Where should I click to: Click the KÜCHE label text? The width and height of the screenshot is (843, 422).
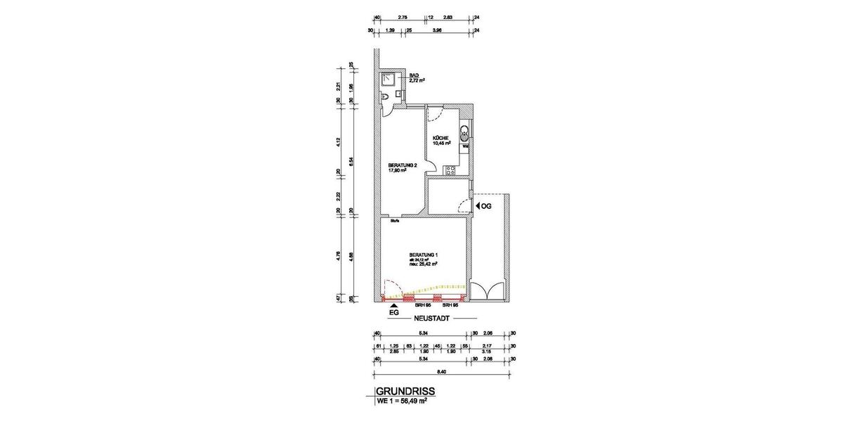(440, 137)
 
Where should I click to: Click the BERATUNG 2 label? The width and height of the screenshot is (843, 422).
(402, 165)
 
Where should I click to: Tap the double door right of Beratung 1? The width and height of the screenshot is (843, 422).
(487, 290)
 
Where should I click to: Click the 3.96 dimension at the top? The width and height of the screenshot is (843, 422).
(437, 30)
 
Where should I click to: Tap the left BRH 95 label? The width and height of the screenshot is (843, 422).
(422, 305)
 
